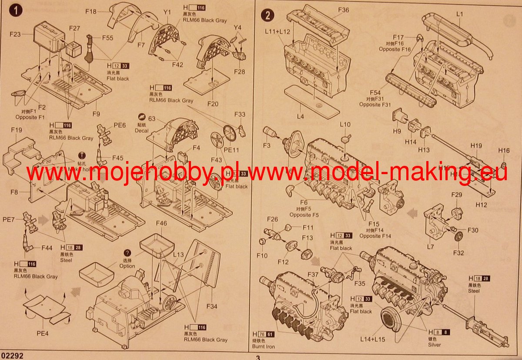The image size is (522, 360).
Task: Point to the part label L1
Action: click(460, 14)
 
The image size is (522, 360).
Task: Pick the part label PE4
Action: click(42, 334)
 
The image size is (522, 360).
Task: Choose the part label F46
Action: click(161, 223)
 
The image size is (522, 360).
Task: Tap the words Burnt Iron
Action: click(264, 347)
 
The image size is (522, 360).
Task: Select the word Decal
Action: click(142, 130)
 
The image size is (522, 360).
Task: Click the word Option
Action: click(127, 266)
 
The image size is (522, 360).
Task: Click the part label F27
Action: click(75, 28)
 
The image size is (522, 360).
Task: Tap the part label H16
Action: click(504, 151)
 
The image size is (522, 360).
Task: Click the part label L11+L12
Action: click(278, 32)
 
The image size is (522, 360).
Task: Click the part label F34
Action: click(212, 306)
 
